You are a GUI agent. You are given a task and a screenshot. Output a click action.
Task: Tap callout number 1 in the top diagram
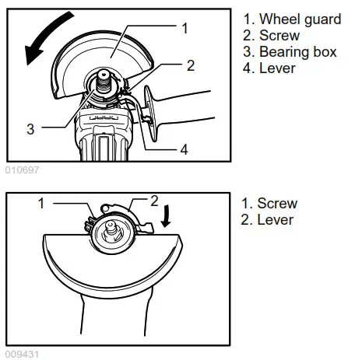(x=185, y=29)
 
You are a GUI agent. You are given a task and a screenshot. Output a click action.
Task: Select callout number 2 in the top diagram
(x=189, y=65)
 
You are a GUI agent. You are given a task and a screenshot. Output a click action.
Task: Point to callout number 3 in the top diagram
(x=30, y=129)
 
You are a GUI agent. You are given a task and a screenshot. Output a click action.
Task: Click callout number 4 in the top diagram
(x=185, y=149)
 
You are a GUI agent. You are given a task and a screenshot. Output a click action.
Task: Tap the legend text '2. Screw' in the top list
(x=271, y=36)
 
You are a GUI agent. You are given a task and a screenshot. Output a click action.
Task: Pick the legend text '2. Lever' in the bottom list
(x=268, y=220)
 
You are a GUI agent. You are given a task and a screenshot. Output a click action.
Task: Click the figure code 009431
(x=21, y=354)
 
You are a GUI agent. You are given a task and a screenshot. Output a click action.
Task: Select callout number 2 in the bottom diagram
(x=153, y=201)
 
